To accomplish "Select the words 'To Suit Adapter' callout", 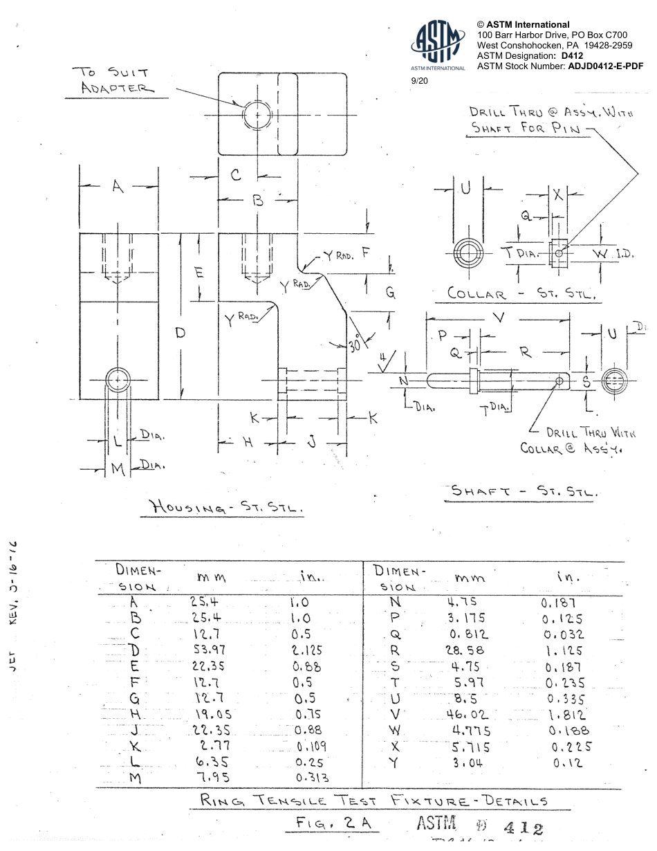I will tap(115, 80).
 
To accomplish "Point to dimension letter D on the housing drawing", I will tap(181, 333).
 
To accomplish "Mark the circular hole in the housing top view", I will tap(257, 114).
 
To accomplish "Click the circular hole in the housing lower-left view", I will tap(118, 380).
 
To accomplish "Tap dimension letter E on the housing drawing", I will tap(200, 273).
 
